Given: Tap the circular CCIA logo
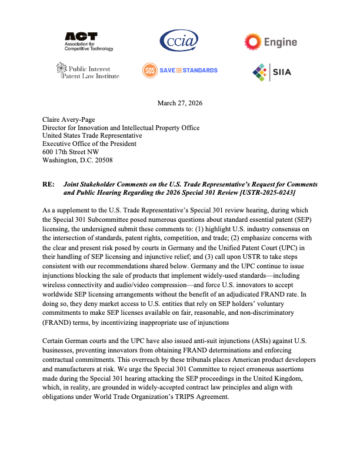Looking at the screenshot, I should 179,41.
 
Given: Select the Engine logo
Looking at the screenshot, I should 271,42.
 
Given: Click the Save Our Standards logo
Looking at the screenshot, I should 179,71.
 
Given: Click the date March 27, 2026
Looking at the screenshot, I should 180,104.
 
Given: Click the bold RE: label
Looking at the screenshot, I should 49,184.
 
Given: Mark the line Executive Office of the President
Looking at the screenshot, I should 89,144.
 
